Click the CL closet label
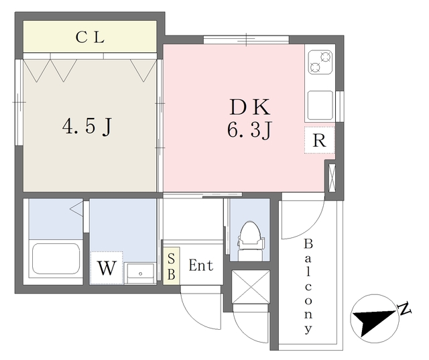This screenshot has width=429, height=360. tap(90, 38)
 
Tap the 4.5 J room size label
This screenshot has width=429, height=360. tap(87, 126)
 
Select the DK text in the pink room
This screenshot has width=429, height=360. tap(250, 107)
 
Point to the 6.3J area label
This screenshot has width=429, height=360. tap(249, 129)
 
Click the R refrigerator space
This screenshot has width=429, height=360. tap(319, 140)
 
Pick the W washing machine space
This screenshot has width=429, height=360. tap(107, 267)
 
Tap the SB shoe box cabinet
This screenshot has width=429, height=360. tap(172, 266)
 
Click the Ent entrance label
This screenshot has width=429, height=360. tap(201, 265)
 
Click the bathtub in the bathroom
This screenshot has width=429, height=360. tap(56, 258)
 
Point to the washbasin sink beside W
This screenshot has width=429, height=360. tap(140, 274)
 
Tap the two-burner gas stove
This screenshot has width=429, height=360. tap(320, 62)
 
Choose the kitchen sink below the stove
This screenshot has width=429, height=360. tap(320, 105)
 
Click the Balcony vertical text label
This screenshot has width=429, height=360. tap(308, 286)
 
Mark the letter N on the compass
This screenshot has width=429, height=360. tap(404, 308)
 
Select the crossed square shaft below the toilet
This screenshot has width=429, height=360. tap(251, 287)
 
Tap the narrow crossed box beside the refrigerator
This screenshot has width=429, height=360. tap(332, 177)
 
